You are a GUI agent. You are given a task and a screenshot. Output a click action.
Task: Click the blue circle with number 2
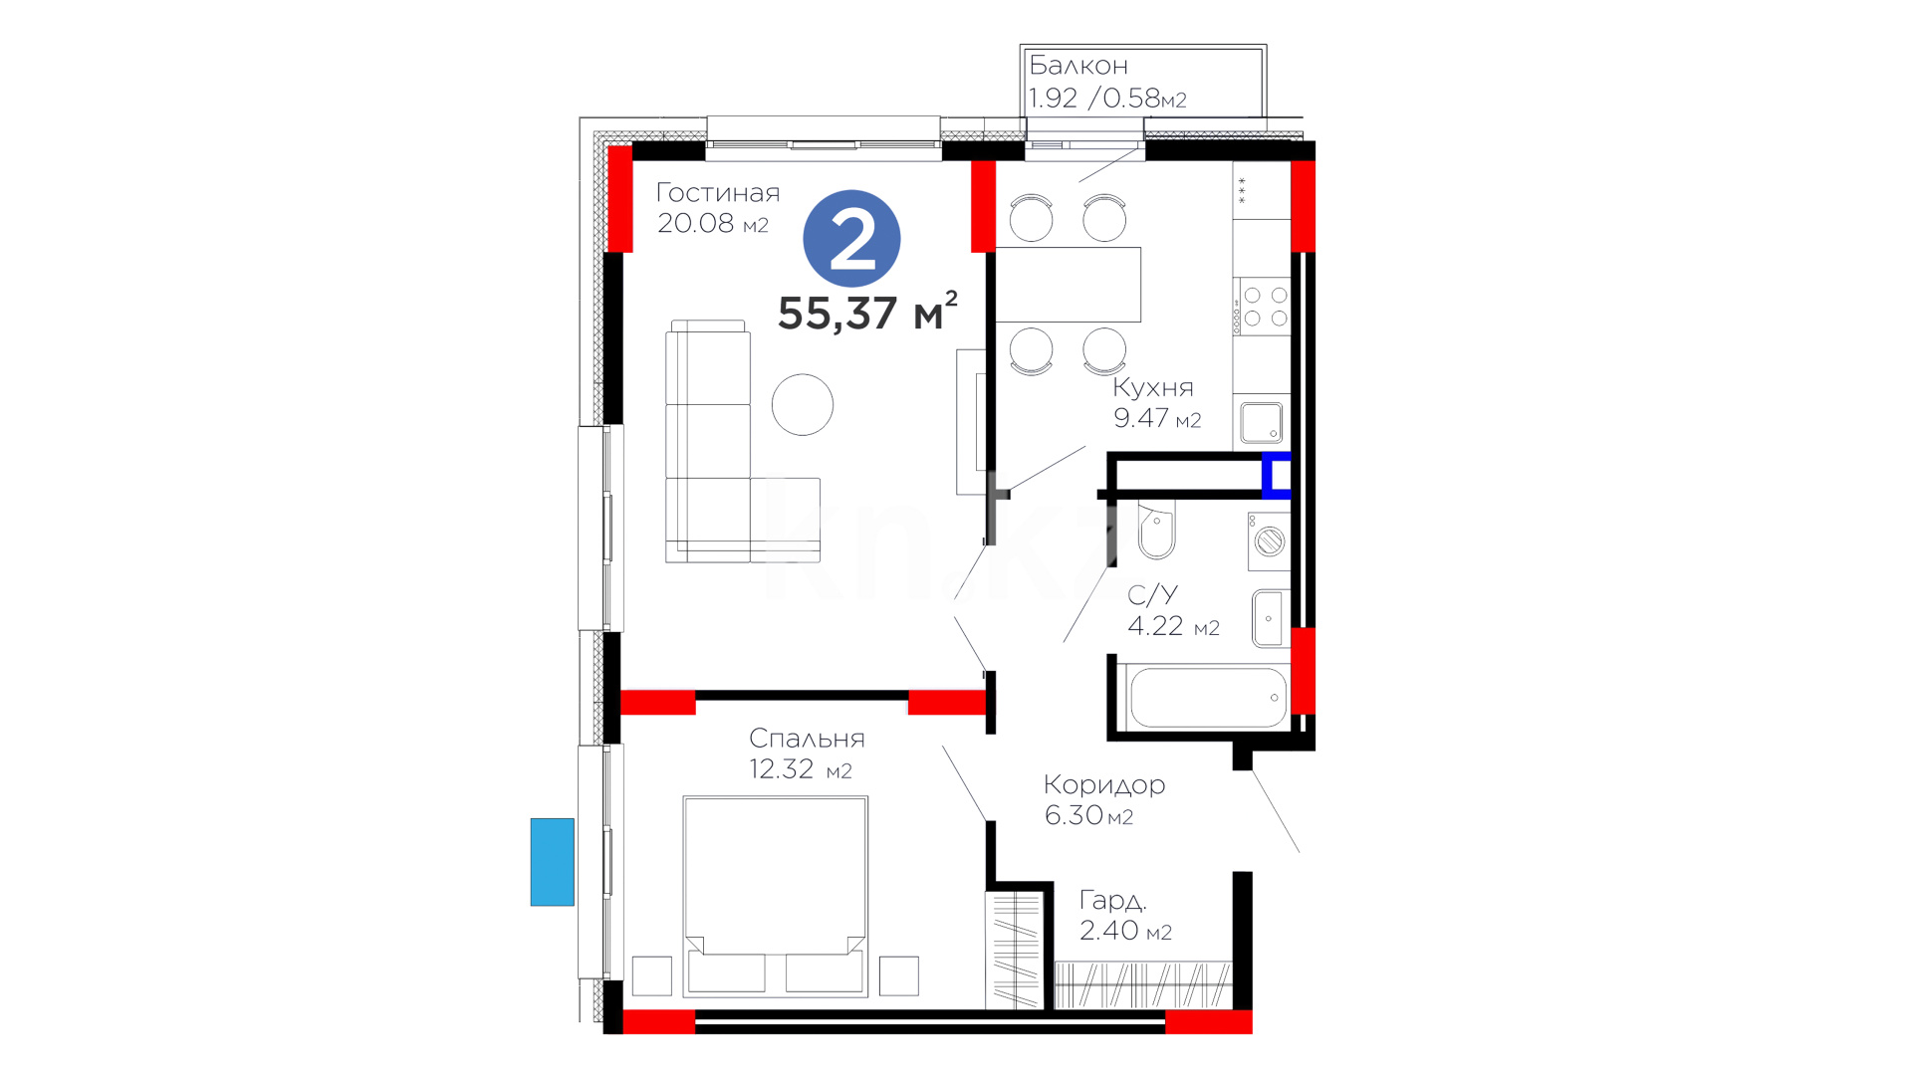(851, 239)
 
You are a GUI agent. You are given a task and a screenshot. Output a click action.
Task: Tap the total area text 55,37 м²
(867, 312)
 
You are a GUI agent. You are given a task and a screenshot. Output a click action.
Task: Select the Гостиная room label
(717, 193)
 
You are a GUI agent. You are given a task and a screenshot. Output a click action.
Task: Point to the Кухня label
(1152, 388)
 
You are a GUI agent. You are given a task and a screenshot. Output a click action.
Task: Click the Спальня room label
(807, 739)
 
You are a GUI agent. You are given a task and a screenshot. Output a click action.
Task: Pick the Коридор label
(1104, 785)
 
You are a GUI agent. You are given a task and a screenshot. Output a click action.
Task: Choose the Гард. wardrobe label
(1113, 902)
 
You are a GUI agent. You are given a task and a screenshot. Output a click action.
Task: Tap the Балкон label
(1078, 66)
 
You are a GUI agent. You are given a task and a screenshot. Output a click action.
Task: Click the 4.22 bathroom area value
(1155, 626)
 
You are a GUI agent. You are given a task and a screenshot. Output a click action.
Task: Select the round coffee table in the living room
(803, 404)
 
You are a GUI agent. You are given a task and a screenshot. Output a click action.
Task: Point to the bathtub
(1208, 698)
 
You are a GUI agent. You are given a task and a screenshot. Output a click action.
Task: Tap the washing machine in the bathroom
(1269, 541)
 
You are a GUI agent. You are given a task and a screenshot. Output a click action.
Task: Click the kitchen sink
(1261, 423)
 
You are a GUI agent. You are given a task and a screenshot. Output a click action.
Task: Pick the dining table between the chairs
(1069, 285)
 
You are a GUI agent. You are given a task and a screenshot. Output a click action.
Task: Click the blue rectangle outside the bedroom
(553, 862)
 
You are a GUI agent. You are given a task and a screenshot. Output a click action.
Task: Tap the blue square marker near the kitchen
(1277, 475)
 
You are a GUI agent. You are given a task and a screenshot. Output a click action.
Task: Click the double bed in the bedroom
(775, 896)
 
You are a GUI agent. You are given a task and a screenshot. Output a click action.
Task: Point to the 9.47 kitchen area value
(1141, 418)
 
